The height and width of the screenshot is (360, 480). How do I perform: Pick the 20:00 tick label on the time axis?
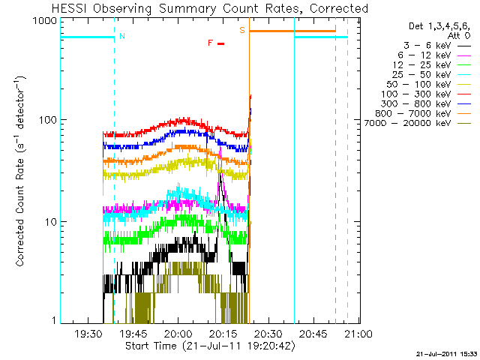click(x=178, y=334)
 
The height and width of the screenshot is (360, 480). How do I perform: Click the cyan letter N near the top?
click(x=122, y=35)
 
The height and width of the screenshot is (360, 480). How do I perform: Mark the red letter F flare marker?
click(x=211, y=43)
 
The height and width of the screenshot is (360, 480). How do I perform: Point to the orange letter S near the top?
click(x=242, y=30)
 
